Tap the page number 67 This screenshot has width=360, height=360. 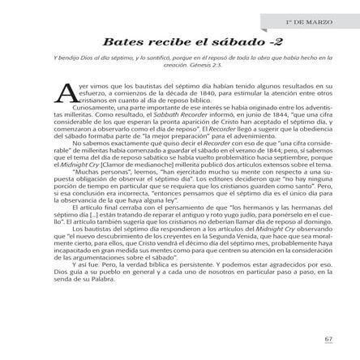[328, 338]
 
